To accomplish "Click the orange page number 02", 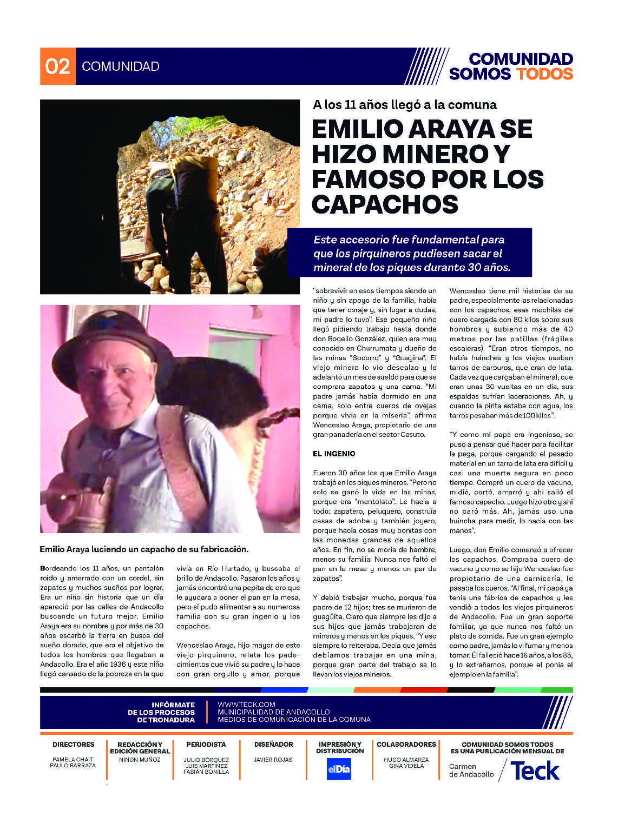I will (x=58, y=66).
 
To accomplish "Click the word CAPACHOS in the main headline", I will (x=385, y=204).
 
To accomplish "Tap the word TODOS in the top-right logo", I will (x=544, y=74).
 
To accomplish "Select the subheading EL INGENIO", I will (x=334, y=453).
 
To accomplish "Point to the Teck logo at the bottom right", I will (x=535, y=771).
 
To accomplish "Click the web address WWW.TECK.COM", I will (x=246, y=705).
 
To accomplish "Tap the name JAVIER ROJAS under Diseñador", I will (x=273, y=760).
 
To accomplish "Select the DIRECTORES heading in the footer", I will (x=73, y=745).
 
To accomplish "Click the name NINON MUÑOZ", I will (x=140, y=760).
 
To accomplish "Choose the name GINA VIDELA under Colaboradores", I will (x=406, y=766).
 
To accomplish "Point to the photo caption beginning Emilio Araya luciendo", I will (x=144, y=549).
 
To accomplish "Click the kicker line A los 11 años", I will (x=404, y=104).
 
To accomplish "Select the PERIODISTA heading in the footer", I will (x=206, y=745).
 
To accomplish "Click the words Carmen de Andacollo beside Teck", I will (x=471, y=771).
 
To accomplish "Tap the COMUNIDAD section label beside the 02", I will (x=121, y=67).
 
